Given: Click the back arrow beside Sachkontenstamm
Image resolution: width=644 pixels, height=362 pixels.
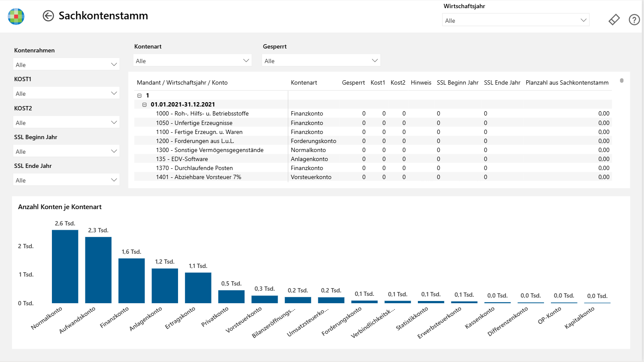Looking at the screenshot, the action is click(48, 16).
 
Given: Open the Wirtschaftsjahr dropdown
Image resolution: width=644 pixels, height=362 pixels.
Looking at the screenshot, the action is click(515, 20).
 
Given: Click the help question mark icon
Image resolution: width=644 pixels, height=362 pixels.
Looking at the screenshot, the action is click(634, 20).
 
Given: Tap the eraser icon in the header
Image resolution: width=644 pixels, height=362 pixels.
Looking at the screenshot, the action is click(614, 20).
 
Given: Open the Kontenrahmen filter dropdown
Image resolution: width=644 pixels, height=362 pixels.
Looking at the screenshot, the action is click(66, 64).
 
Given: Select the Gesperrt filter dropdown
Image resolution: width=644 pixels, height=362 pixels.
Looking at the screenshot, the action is click(321, 61).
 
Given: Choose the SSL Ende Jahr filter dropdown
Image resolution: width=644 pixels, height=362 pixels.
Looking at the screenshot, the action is click(66, 180).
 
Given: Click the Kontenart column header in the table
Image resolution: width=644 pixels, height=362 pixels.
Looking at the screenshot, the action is click(304, 82).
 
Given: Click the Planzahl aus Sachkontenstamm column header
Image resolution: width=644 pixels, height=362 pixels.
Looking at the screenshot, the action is click(567, 82).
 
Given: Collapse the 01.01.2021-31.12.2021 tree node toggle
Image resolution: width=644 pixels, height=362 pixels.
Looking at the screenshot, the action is click(144, 104).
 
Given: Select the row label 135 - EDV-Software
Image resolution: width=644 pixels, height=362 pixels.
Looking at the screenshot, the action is click(181, 159).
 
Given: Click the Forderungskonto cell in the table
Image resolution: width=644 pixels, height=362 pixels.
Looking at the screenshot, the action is click(313, 141).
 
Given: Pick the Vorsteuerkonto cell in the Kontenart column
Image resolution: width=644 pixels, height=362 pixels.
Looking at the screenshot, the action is click(311, 177).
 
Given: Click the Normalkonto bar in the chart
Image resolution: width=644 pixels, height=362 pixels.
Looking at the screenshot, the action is click(65, 267).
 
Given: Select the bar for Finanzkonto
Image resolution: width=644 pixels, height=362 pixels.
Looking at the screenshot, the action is click(131, 280).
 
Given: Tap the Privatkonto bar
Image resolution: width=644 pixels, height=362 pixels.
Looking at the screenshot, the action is click(231, 297).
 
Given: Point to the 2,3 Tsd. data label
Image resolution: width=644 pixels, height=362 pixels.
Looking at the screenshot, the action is click(98, 230).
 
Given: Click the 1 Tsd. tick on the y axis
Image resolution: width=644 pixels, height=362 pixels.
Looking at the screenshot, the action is click(26, 274).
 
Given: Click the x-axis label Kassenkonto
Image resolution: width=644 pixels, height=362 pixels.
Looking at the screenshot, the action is click(479, 318).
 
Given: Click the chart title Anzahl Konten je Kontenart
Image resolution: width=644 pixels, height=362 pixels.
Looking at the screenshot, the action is click(60, 207).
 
